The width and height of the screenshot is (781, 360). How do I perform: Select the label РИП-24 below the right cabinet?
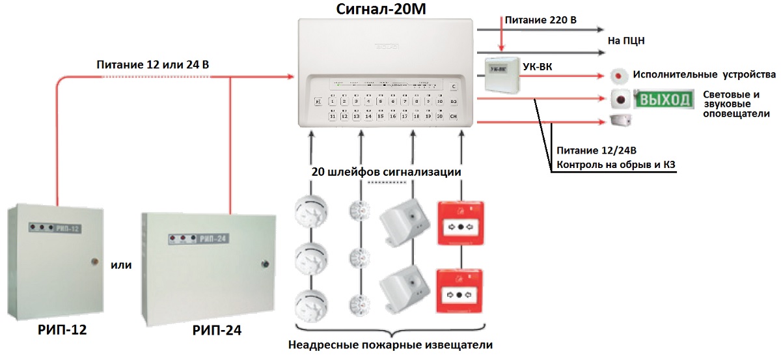click(217, 330)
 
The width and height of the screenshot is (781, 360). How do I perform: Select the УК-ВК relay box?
click(502, 74)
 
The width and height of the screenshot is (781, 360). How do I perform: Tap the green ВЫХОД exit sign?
click(665, 100)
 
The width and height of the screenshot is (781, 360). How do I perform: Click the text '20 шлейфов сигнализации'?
click(386, 173)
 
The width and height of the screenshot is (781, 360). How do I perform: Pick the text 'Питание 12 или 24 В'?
click(152, 65)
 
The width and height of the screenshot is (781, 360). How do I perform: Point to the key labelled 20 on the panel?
click(440, 116)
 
